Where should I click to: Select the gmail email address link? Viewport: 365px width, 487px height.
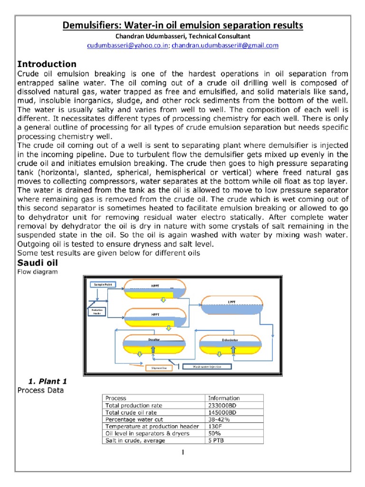(225, 45)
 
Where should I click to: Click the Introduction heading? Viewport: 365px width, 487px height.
(47, 64)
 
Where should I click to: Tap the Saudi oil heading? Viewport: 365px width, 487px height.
(38, 263)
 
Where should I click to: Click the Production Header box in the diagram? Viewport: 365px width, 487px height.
(97, 312)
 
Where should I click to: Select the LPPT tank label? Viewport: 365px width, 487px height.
(231, 302)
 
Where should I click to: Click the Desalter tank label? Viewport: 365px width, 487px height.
(153, 340)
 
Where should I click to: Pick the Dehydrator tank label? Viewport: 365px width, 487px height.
(230, 341)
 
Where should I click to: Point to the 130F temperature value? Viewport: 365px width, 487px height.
(215, 427)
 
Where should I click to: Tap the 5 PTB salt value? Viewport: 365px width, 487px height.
(216, 440)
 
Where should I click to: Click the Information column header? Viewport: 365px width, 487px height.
(224, 398)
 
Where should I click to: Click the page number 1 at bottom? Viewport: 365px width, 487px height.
(182, 452)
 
